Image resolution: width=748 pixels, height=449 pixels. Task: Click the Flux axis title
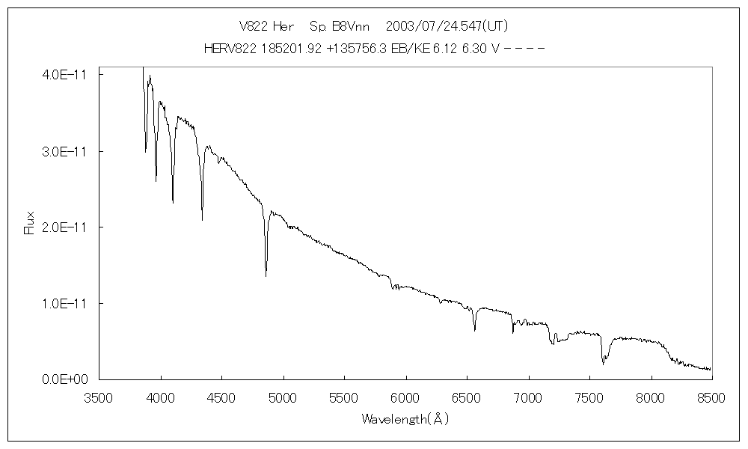pyautogui.click(x=30, y=223)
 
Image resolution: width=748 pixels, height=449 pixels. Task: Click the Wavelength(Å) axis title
pyautogui.click(x=405, y=419)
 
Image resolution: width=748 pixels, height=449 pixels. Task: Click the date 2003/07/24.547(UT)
pyautogui.click(x=447, y=26)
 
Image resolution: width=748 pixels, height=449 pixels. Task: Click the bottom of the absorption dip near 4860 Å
pyautogui.click(x=266, y=276)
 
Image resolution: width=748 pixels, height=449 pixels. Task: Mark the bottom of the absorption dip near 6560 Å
pyautogui.click(x=474, y=330)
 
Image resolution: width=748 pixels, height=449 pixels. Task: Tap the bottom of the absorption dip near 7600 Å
pyautogui.click(x=603, y=364)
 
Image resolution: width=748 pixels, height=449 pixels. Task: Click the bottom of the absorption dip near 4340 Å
pyautogui.click(x=202, y=220)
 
